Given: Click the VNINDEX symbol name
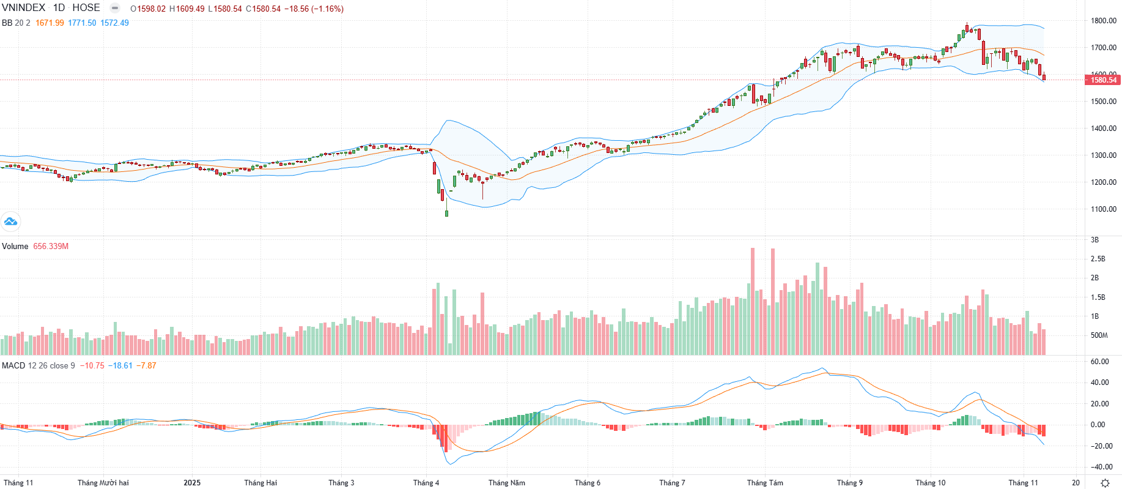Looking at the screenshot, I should click(x=23, y=8).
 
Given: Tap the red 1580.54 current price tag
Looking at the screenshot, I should click(x=1103, y=80).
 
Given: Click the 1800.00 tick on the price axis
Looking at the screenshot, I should click(x=1103, y=21).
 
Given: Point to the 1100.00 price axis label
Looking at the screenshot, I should click(x=1103, y=209).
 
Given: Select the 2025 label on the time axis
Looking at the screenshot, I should click(x=192, y=483).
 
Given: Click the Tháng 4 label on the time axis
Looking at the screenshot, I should click(x=426, y=483).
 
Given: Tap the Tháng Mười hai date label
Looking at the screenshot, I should click(x=103, y=483).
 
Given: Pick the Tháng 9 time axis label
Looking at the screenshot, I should click(x=849, y=483).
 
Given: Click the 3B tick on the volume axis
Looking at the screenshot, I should click(x=1094, y=240).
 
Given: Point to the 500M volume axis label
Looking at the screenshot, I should click(x=1099, y=335).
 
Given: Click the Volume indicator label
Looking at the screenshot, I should click(x=15, y=246).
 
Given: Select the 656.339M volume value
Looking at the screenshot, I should click(x=51, y=246).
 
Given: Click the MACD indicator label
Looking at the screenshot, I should click(x=13, y=365).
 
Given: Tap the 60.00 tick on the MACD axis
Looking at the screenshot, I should click(x=1099, y=362).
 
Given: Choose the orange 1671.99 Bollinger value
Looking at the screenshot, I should click(x=50, y=23).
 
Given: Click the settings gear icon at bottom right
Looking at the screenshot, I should click(x=1105, y=483).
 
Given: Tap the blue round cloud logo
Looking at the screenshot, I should click(x=10, y=222).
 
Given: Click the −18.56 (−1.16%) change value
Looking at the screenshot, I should click(x=314, y=9).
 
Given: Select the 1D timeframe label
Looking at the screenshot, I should click(x=59, y=8).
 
